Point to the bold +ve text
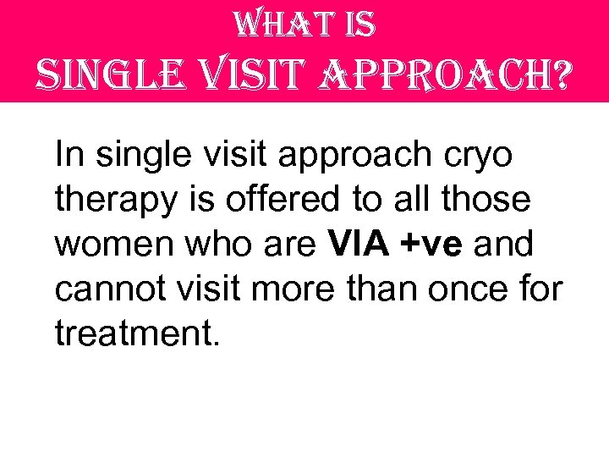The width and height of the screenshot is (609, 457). (x=434, y=245)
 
